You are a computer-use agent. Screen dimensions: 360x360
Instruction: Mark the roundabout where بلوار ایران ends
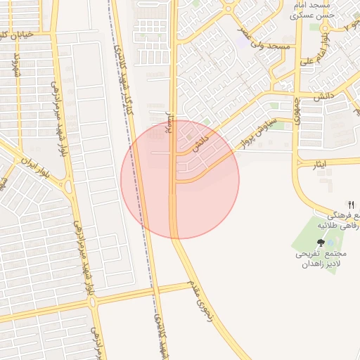point(68,188)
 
